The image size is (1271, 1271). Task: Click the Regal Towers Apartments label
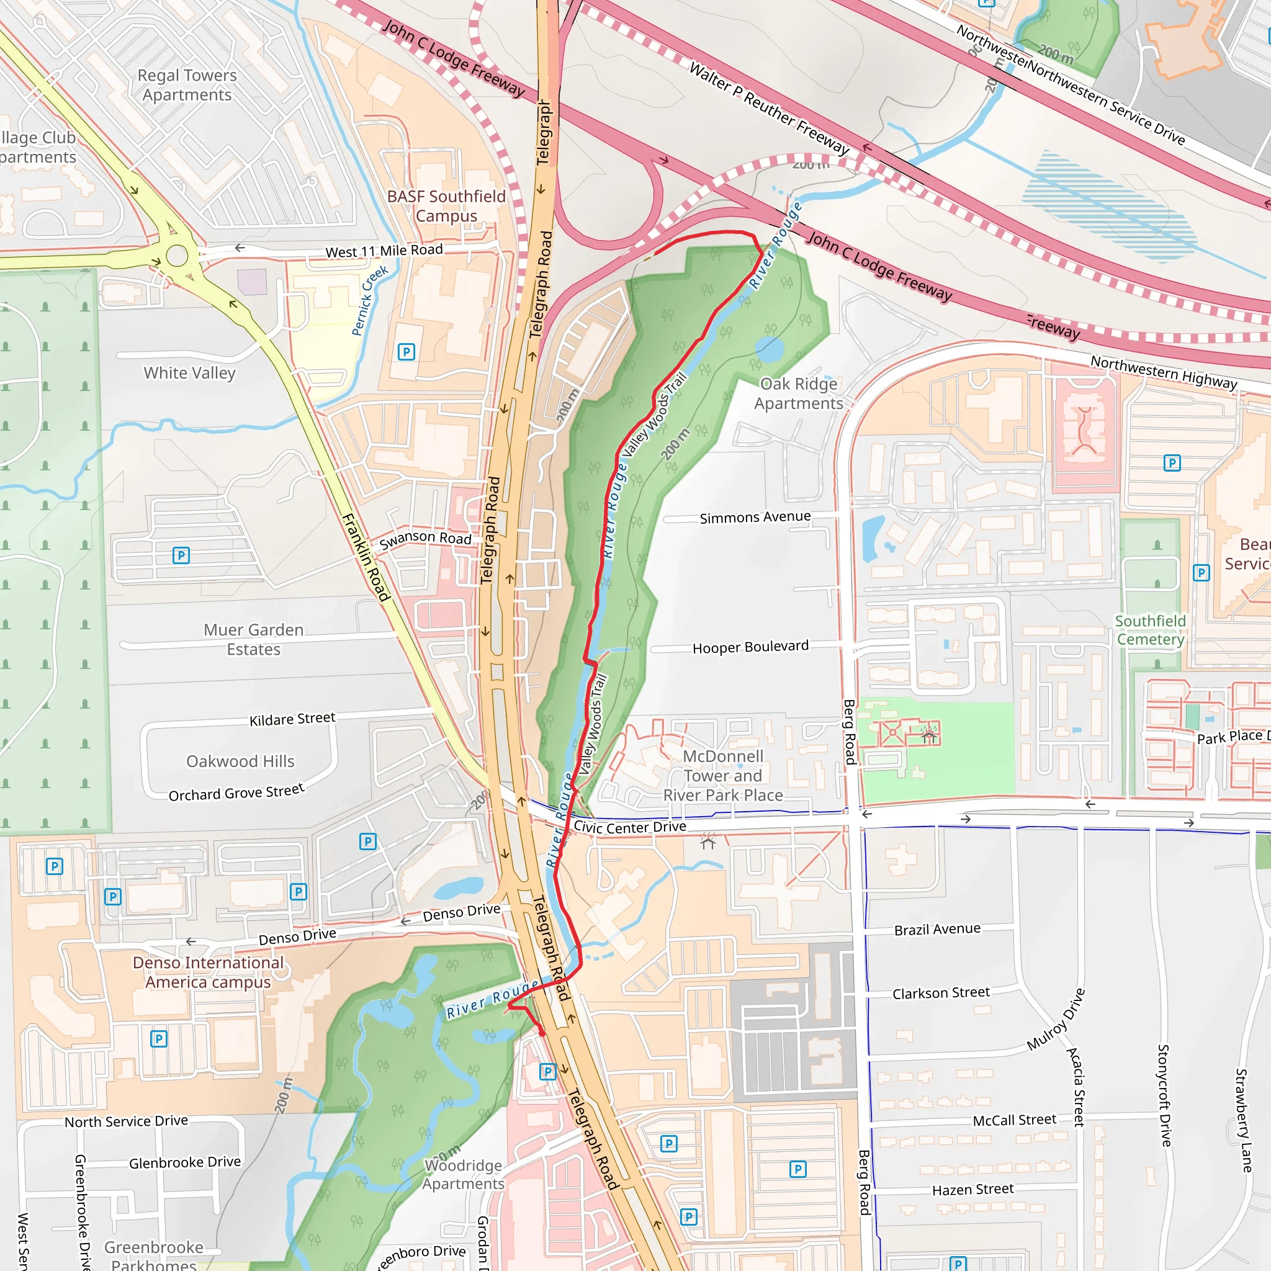tap(187, 85)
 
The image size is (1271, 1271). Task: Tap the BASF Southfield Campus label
tap(446, 206)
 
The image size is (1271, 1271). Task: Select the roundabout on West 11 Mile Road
tap(177, 255)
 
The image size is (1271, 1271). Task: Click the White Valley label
tap(189, 373)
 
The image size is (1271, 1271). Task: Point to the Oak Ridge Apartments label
tap(798, 393)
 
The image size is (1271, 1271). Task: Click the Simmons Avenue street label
tap(755, 517)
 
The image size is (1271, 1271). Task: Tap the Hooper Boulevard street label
tap(750, 647)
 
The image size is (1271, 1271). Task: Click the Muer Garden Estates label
tap(253, 639)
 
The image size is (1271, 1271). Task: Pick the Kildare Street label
tap(292, 719)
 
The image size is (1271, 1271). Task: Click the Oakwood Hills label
tap(240, 761)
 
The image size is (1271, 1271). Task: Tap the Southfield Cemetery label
tap(1150, 631)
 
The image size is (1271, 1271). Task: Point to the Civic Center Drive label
tap(629, 827)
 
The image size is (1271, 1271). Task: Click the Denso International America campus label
tap(208, 972)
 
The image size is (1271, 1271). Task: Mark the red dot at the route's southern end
tap(542, 1033)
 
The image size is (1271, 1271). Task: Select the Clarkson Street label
tap(940, 993)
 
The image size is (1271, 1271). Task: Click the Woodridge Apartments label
tap(463, 1174)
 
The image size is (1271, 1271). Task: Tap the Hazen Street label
tap(972, 1190)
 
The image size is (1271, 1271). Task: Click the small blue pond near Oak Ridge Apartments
tap(769, 349)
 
